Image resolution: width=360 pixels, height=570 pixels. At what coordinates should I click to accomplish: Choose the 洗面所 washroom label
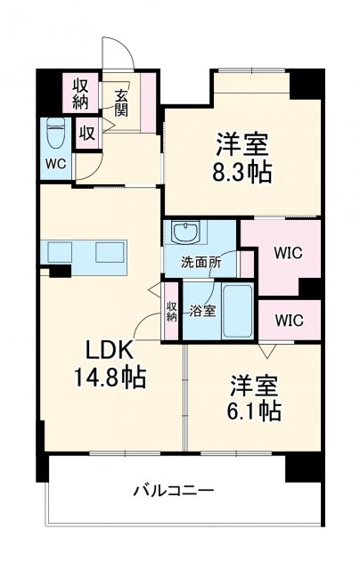[200, 263]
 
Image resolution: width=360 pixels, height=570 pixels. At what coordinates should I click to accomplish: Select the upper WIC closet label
[287, 253]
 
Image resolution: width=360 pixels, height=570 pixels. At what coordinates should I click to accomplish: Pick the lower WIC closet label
[287, 319]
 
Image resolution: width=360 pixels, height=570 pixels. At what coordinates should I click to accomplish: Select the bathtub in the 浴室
[238, 311]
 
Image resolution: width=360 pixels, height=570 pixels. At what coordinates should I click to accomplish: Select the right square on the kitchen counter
[110, 251]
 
